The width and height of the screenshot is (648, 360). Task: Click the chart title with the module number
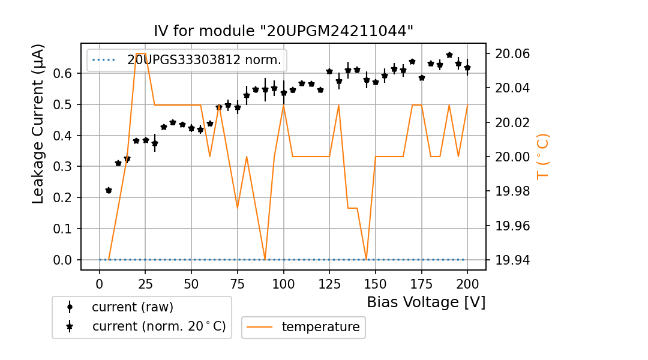pos(283,31)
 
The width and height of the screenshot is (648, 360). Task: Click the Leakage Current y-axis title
pos(38,124)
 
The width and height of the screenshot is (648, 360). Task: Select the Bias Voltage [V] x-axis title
pos(426,302)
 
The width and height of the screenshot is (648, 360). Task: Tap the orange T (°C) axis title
pos(542,156)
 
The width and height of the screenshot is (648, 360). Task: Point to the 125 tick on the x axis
pos(329,283)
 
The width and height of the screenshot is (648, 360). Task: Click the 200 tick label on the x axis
pos(467,283)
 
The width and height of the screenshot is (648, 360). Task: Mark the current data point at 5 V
pos(109,190)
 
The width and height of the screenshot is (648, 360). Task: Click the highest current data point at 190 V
pos(449,55)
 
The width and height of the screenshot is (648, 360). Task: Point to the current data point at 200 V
pos(467,68)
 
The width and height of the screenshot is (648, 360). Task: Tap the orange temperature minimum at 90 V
pos(265,259)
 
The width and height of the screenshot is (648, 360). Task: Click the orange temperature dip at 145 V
pos(366,259)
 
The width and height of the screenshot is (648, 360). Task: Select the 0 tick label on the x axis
pos(100,283)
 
